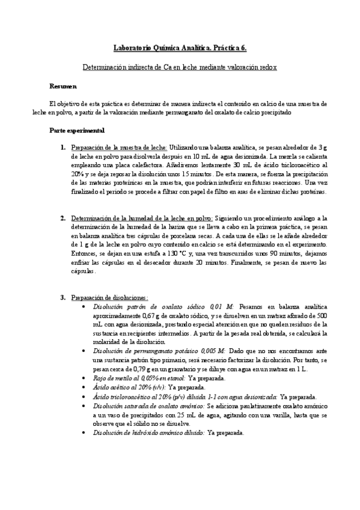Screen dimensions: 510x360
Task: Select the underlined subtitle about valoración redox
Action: tap(180, 68)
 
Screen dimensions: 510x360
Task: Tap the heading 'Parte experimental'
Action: tap(77, 130)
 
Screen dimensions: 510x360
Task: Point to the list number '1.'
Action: tap(63, 147)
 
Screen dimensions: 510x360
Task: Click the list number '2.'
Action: tap(63, 218)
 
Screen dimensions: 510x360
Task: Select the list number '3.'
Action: tap(63, 297)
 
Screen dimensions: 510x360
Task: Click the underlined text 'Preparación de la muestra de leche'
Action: tap(118, 147)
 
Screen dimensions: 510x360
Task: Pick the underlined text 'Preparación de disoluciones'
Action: tap(109, 297)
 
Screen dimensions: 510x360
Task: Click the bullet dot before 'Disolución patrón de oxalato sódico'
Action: tap(82, 306)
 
